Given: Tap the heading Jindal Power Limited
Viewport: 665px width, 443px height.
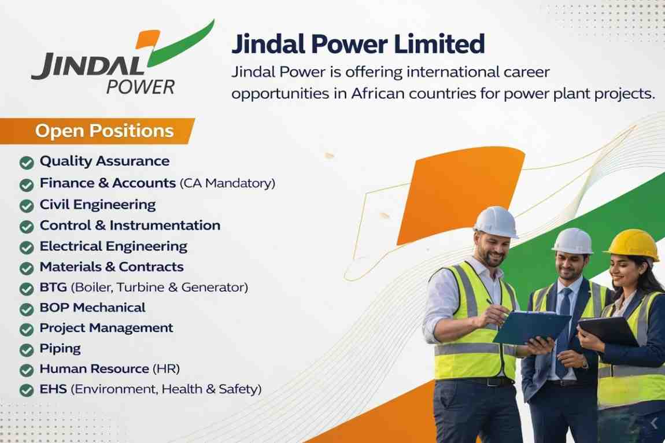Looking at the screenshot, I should [357, 45].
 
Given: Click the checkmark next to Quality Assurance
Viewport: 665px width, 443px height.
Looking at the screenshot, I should [26, 163].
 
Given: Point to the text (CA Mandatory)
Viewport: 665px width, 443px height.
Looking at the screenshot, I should [227, 183].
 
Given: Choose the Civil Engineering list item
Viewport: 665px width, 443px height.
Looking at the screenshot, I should [97, 205].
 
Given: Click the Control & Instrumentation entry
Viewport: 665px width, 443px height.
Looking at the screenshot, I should [130, 226].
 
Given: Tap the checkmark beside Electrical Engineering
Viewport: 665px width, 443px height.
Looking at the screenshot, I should [26, 248].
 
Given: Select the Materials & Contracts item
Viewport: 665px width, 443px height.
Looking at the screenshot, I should [111, 267].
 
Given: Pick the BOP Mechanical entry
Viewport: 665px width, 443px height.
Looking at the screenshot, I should [92, 308].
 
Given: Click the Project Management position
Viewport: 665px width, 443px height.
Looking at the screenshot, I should [106, 328].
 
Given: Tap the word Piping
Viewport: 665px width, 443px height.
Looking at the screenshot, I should [60, 349].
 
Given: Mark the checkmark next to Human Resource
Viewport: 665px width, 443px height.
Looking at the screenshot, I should [26, 370].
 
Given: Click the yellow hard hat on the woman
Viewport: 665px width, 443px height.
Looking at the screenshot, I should [633, 244].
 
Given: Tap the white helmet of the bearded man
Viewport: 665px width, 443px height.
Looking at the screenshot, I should [496, 221].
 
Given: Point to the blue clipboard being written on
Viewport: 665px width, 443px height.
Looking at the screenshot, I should [530, 327].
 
